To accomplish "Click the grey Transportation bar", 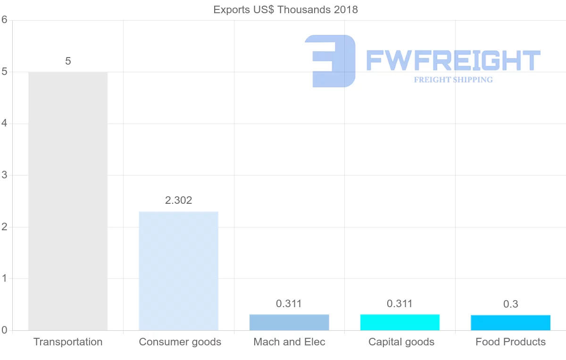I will (68, 201).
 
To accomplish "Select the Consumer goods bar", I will (179, 271).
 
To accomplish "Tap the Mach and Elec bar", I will (289, 322).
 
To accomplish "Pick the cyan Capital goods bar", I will (400, 322).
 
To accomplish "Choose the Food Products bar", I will (510, 323).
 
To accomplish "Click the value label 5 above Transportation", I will (68, 61).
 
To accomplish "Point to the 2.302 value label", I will (179, 201).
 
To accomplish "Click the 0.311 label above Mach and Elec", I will (289, 304).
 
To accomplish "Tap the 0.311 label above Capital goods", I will (400, 304).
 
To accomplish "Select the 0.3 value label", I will (510, 304).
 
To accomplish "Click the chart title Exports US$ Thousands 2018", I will (286, 10).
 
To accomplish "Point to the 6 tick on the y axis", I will (4, 20).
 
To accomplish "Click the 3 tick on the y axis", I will (4, 175).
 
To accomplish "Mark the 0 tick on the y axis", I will (4, 330).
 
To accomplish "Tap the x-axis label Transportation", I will (68, 342).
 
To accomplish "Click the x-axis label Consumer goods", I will (180, 342).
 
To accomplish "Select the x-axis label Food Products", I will (510, 342).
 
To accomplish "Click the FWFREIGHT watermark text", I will (453, 61).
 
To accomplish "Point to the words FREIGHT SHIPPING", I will (453, 80).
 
